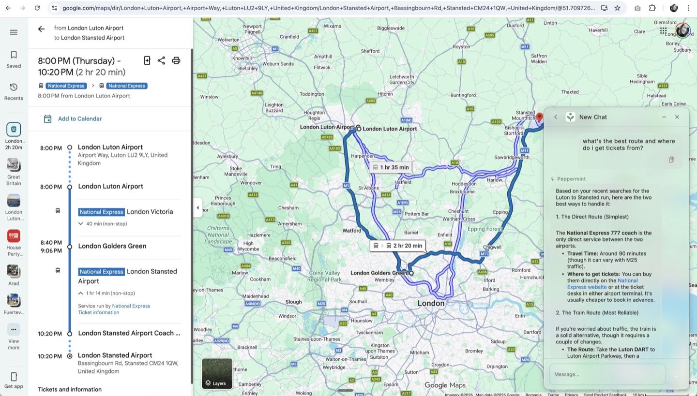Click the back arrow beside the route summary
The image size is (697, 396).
pyautogui.click(x=41, y=29)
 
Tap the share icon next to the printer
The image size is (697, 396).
pyautogui.click(x=161, y=60)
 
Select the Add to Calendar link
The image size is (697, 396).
pyautogui.click(x=79, y=119)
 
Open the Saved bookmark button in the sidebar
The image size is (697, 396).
pyautogui.click(x=14, y=59)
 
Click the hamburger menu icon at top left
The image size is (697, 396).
pyautogui.click(x=14, y=32)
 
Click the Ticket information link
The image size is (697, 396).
pyautogui.click(x=98, y=312)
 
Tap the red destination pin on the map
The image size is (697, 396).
pyautogui.click(x=540, y=117)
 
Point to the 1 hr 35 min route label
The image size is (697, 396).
pyautogui.click(x=391, y=167)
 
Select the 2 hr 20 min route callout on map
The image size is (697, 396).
pyautogui.click(x=397, y=246)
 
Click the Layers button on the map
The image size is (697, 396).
pyautogui.click(x=217, y=373)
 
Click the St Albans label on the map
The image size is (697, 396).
pyautogui.click(x=368, y=188)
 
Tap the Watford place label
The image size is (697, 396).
pyautogui.click(x=352, y=231)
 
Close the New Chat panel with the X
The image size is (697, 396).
pyautogui.click(x=677, y=117)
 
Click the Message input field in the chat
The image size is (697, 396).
pyautogui.click(x=607, y=374)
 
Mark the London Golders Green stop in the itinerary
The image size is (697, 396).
pyautogui.click(x=112, y=246)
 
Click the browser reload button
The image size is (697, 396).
pyautogui.click(x=37, y=8)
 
